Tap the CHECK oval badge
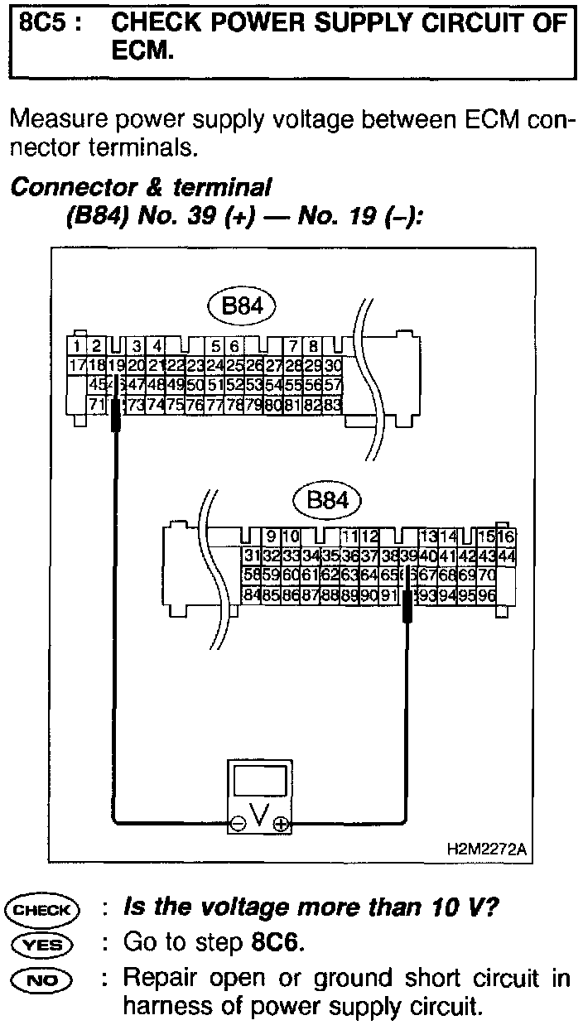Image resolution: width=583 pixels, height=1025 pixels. click(x=41, y=910)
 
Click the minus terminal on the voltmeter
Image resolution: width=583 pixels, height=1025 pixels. click(x=238, y=823)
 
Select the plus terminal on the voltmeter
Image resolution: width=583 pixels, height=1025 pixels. click(x=282, y=823)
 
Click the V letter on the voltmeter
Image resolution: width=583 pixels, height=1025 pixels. click(x=259, y=818)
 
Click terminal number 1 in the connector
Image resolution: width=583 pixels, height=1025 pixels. click(x=77, y=345)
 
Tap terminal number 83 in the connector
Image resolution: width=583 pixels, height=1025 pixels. click(x=332, y=405)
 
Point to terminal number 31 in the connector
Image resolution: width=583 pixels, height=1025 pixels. click(x=252, y=555)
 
